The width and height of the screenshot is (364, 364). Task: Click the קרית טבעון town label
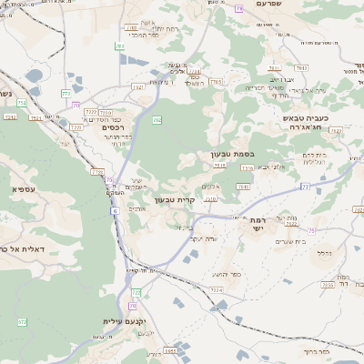(x=175, y=199)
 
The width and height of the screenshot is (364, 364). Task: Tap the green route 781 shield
(x=120, y=45)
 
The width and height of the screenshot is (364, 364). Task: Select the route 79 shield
(x=239, y=7)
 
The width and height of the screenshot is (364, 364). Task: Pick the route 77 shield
(x=306, y=186)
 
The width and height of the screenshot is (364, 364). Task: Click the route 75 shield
(x=311, y=231)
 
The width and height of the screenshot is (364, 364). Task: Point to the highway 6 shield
(x=115, y=210)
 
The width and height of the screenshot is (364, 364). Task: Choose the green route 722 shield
(x=135, y=293)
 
